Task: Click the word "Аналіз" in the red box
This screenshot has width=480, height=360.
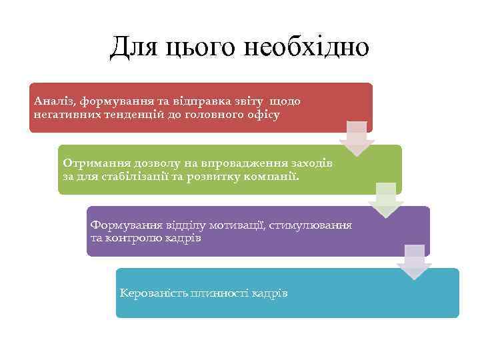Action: [54, 101]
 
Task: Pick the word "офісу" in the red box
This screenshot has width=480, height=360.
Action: [263, 115]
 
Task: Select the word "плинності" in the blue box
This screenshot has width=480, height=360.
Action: [216, 293]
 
